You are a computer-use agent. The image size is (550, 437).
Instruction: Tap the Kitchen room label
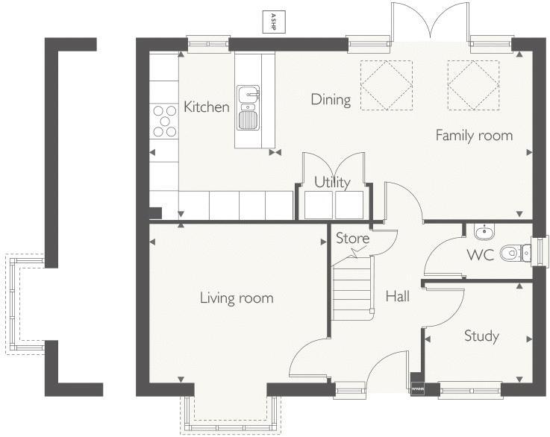(207, 107)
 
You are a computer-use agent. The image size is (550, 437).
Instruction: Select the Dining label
(331, 100)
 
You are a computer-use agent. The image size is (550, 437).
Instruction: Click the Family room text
(474, 136)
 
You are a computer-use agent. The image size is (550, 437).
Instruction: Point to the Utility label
(332, 183)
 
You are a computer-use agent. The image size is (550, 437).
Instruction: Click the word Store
(352, 239)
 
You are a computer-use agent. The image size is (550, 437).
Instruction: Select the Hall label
(397, 297)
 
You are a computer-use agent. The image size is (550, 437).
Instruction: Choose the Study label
(481, 336)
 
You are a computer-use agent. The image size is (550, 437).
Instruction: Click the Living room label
(237, 298)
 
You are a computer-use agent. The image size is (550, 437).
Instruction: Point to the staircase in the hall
(352, 286)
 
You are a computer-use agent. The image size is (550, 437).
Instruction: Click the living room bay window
(231, 413)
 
